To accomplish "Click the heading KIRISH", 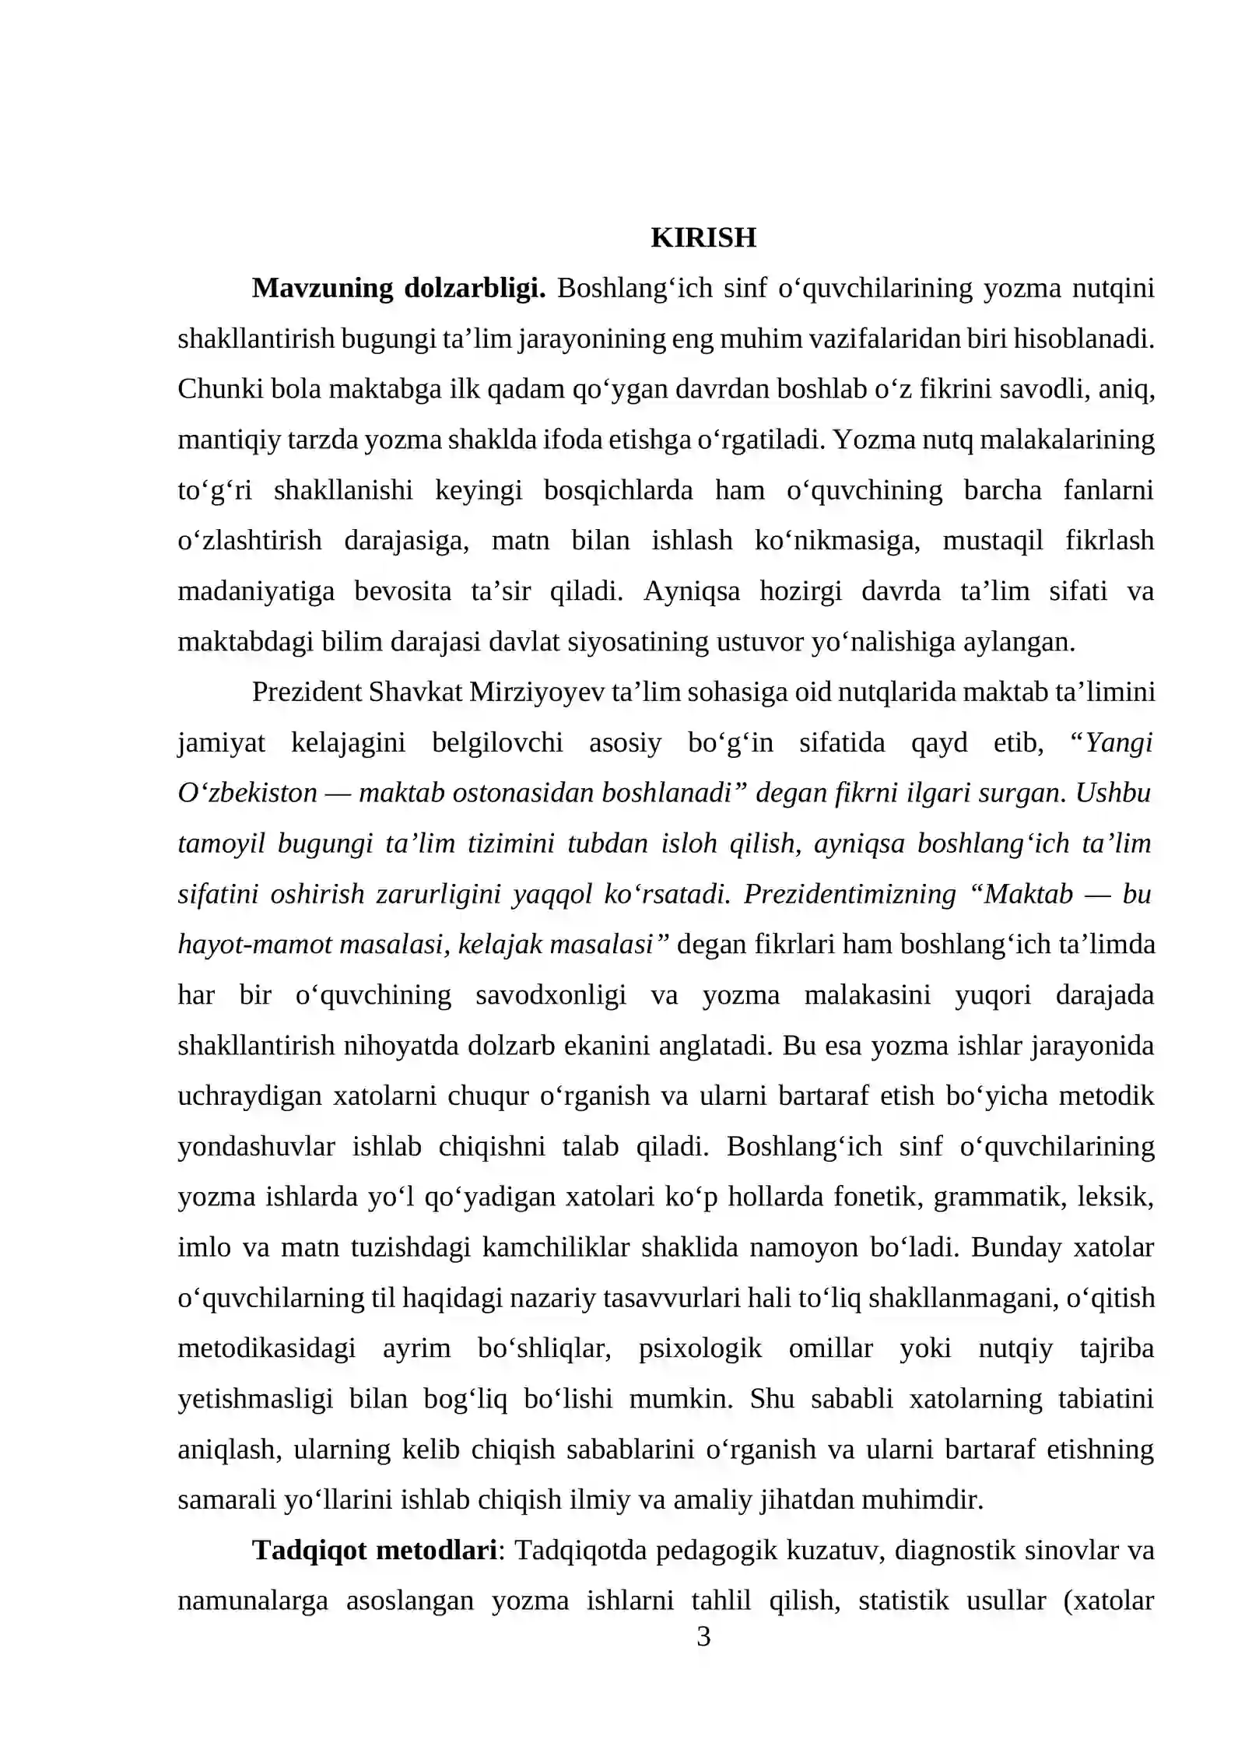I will coord(703,237).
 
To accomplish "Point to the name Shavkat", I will coord(416,692).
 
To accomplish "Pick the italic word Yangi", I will coord(1118,742).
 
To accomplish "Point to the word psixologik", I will coord(700,1348).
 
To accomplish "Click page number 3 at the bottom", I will coord(703,1637).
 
